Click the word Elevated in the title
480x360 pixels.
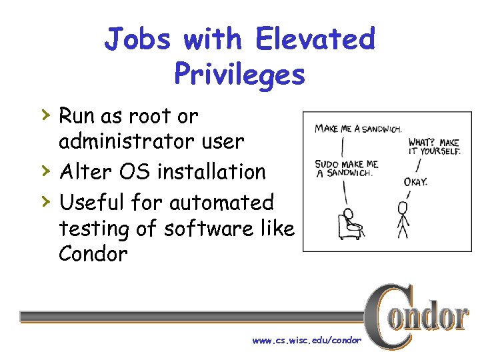[x=316, y=39]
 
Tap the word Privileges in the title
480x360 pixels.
[x=239, y=73]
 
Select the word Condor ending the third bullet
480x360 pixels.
[x=93, y=254]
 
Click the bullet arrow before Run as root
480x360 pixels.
[x=45, y=115]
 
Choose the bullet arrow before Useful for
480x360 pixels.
[x=45, y=200]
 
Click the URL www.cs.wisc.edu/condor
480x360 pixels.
[x=307, y=341]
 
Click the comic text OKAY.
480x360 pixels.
[x=415, y=181]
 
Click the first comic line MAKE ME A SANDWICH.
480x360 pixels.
[x=357, y=128]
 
